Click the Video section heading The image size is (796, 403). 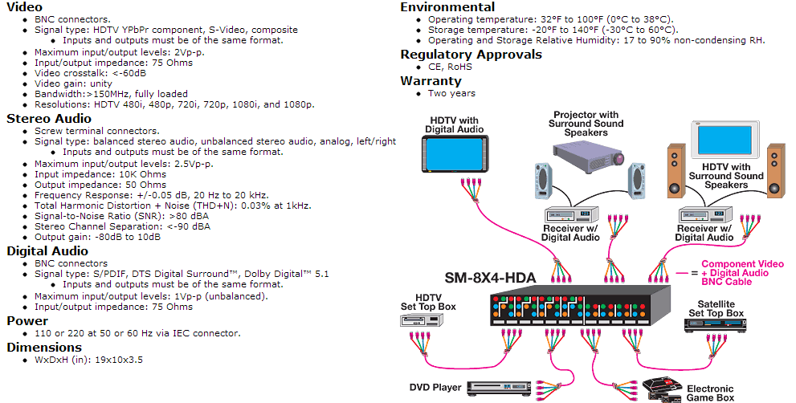point(25,7)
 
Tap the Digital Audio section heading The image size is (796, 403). point(47,250)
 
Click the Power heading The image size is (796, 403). point(27,320)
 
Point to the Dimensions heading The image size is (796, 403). point(44,347)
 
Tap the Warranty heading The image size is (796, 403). point(431,80)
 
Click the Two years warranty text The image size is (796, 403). point(451,93)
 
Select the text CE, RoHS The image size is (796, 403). point(450,67)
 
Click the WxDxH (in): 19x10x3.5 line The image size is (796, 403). point(88,360)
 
